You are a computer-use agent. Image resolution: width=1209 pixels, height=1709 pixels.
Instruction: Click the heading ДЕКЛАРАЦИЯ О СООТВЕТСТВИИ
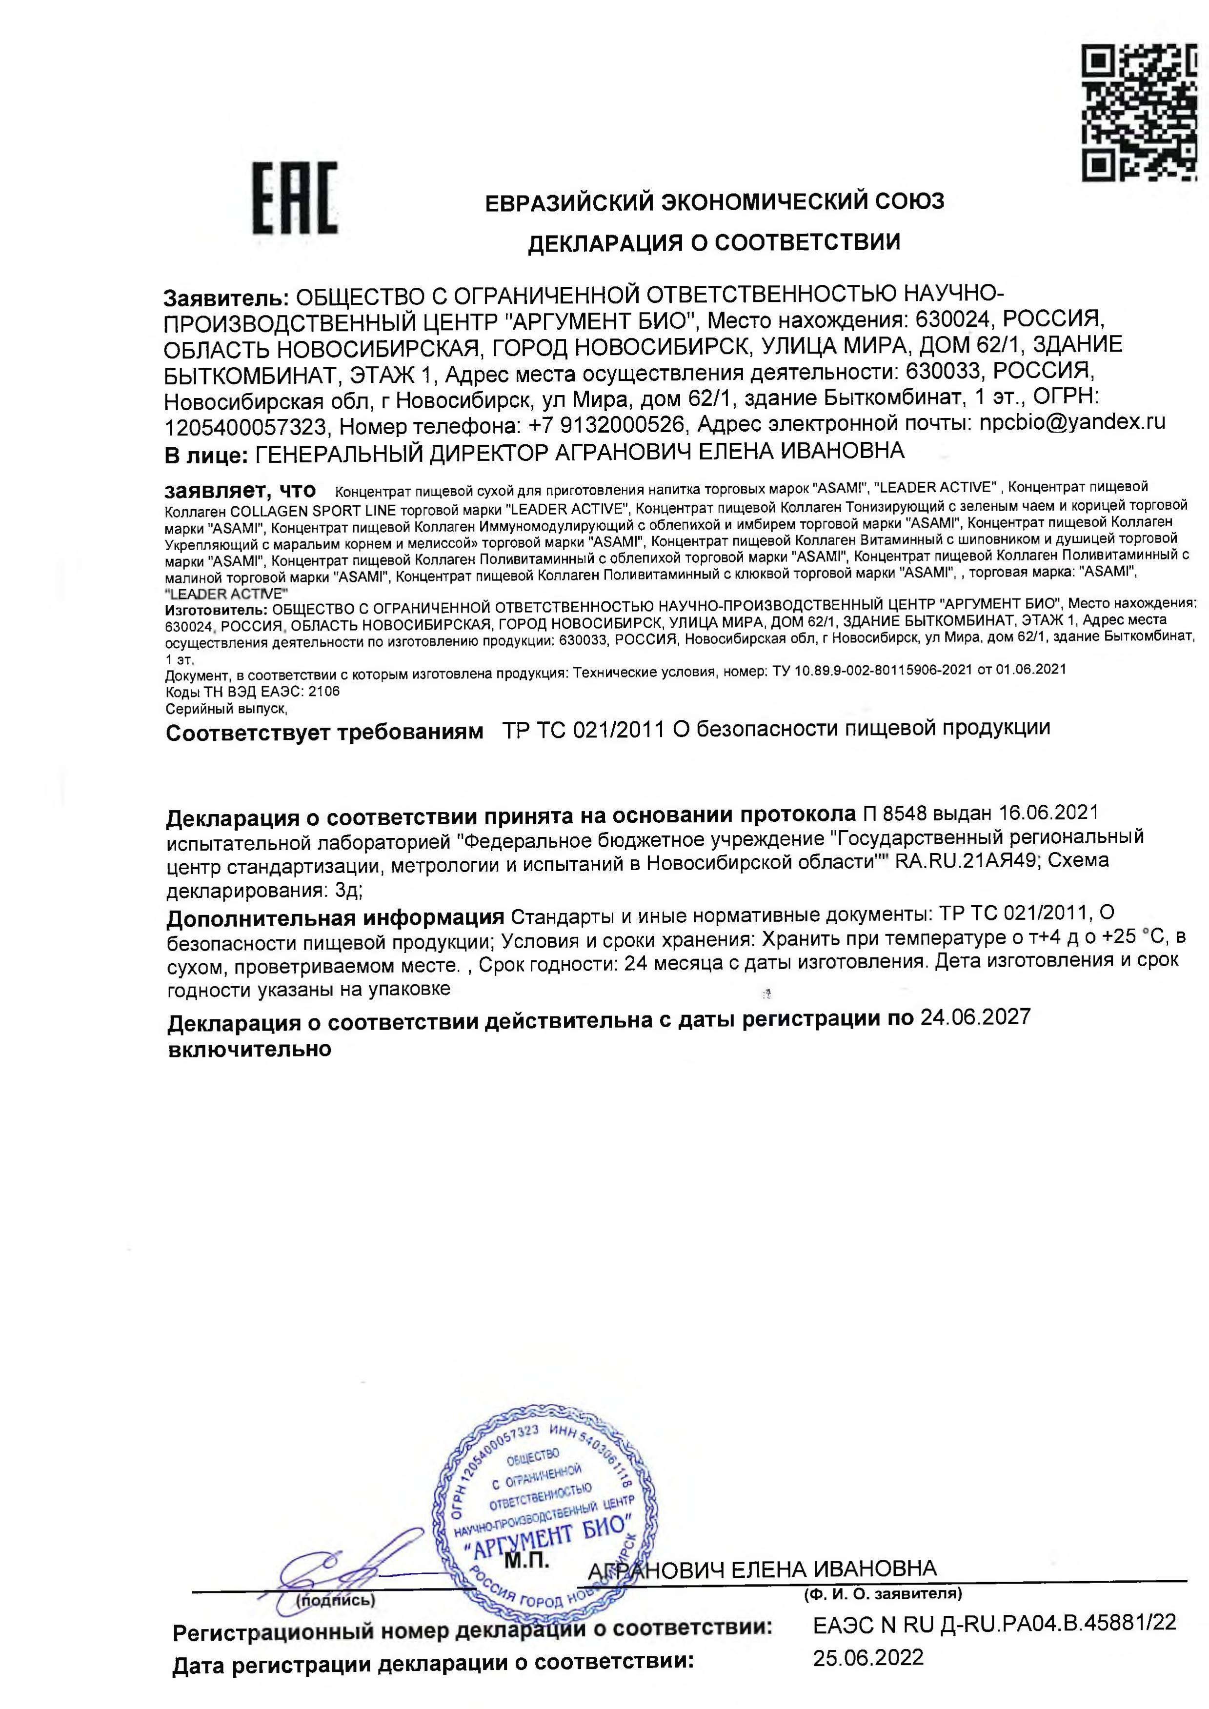[713, 243]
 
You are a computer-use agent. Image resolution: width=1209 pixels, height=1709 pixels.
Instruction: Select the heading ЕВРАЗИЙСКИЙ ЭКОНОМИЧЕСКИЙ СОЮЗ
[714, 202]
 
